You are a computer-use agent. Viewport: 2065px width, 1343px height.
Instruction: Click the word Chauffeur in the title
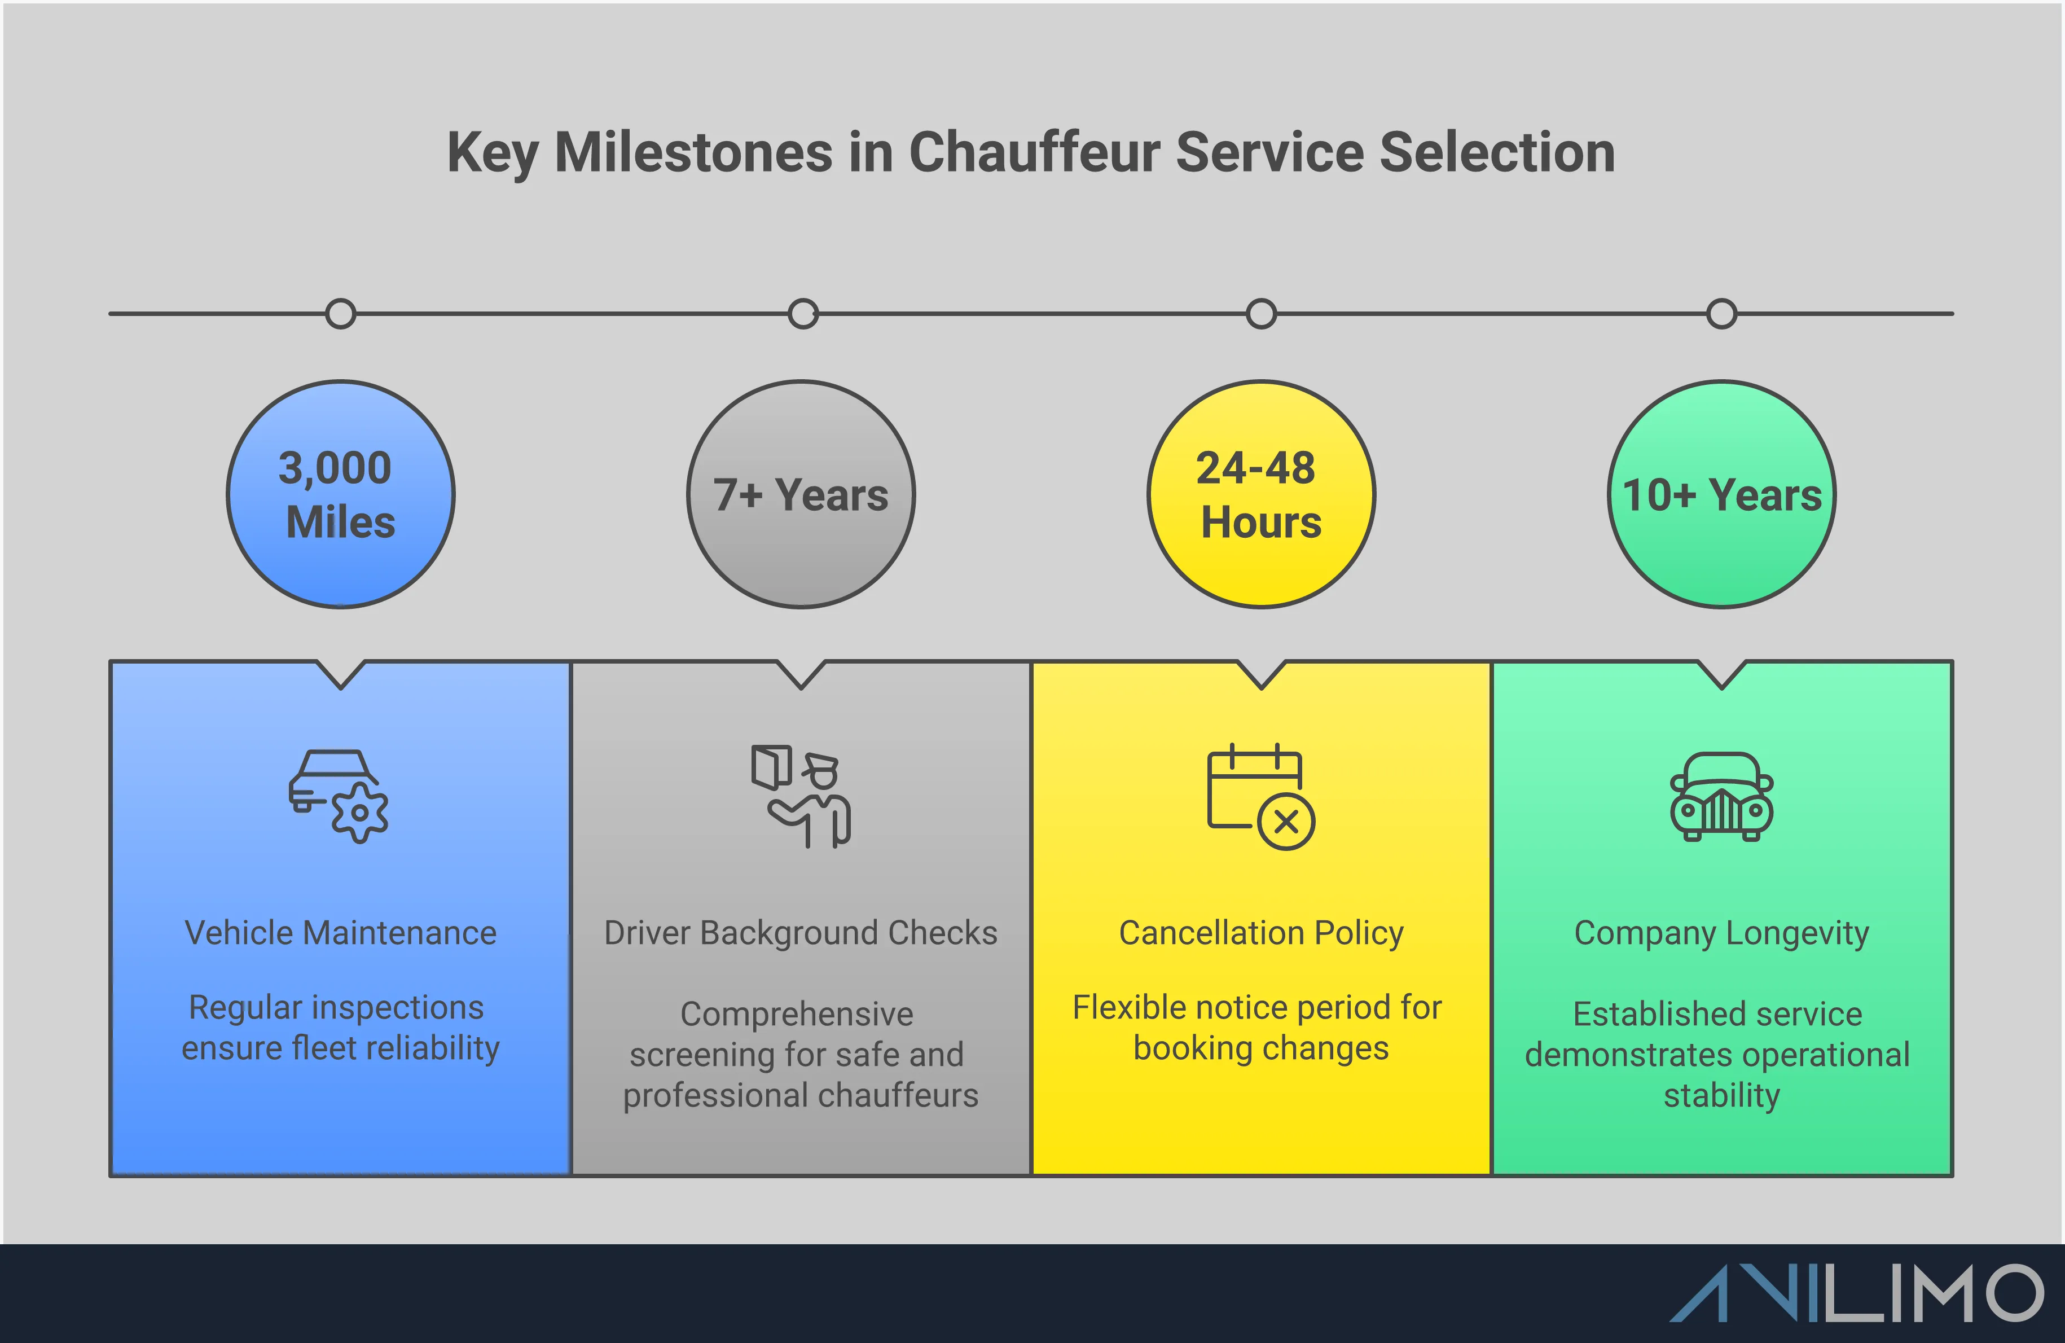click(x=1034, y=153)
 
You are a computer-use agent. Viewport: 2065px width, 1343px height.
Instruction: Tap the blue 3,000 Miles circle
click(x=340, y=494)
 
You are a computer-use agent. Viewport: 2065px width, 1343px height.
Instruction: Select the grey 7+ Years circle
click(x=801, y=494)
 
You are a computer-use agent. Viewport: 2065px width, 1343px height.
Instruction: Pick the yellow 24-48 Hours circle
click(x=1260, y=494)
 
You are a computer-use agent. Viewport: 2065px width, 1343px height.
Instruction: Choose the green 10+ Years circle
click(x=1721, y=494)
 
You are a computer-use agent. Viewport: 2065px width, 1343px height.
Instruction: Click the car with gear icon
click(x=339, y=796)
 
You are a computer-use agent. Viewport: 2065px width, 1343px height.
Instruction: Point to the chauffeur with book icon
click(x=801, y=796)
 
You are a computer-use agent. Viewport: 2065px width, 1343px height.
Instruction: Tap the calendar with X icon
click(x=1260, y=796)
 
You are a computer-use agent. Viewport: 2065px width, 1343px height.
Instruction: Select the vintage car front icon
click(x=1721, y=796)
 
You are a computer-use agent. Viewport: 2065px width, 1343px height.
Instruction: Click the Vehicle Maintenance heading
click(x=340, y=933)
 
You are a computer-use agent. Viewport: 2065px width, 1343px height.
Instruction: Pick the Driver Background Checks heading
click(x=800, y=933)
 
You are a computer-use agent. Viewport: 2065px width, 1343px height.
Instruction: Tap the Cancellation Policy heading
click(x=1260, y=933)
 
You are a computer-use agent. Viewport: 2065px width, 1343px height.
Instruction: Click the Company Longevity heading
click(x=1721, y=933)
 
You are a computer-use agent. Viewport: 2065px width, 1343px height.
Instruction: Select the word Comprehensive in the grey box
click(x=797, y=1013)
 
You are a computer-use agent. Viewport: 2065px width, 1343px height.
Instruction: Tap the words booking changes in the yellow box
click(x=1260, y=1048)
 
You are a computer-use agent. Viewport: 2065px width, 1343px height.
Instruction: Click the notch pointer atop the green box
click(x=1721, y=675)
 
